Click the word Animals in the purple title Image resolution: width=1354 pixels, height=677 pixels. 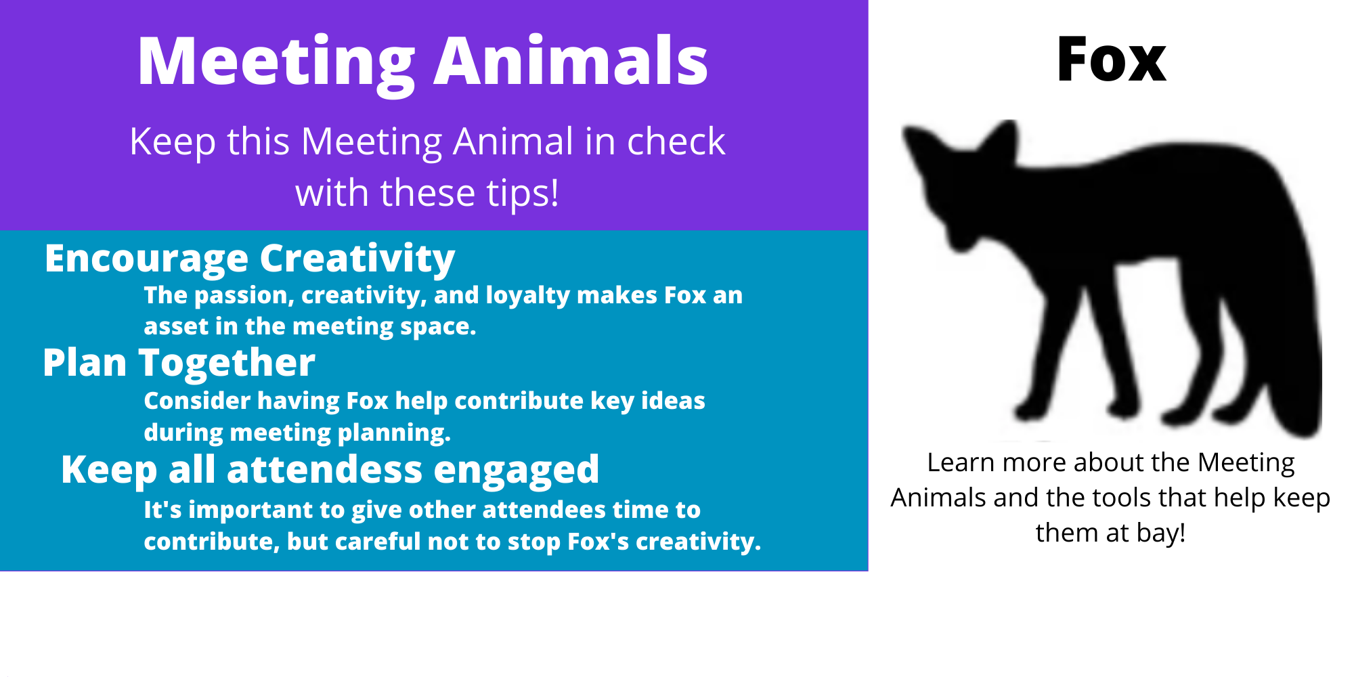pos(571,61)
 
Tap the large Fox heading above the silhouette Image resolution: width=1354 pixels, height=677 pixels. pos(1111,60)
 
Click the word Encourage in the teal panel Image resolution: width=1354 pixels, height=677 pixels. pos(147,260)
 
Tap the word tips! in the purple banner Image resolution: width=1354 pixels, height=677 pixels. pos(520,194)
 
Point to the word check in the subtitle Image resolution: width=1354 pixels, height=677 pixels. pos(676,141)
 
